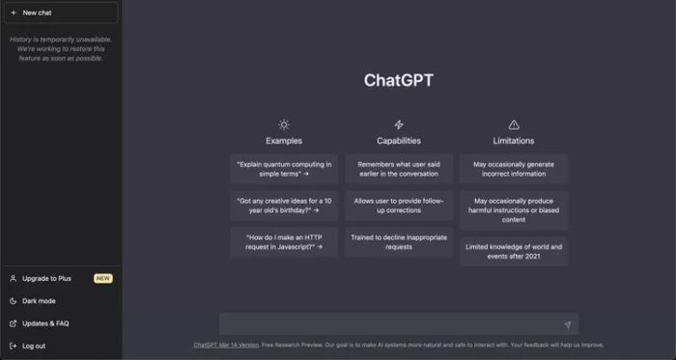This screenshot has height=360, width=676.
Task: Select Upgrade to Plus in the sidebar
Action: point(46,278)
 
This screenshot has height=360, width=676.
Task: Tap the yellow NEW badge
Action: point(103,278)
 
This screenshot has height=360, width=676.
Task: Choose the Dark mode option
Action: point(39,300)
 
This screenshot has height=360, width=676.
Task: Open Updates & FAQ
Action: point(45,323)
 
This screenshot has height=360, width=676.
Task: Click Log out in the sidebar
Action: point(34,346)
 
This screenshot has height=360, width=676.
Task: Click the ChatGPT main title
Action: point(398,80)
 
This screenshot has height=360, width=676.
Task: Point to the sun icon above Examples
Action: point(284,125)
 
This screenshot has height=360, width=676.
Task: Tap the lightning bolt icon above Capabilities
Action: point(399,125)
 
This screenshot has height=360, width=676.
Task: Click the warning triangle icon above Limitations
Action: point(514,125)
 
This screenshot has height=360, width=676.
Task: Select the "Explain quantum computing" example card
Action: point(284,169)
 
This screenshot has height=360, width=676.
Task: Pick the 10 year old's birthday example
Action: point(284,206)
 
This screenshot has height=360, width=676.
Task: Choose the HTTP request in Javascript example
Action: point(284,241)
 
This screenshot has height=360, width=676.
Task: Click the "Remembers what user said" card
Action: point(399,169)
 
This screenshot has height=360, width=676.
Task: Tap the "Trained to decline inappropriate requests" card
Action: point(399,241)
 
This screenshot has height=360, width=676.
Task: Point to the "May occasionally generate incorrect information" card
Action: point(514,169)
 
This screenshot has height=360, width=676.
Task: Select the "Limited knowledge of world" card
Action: point(514,251)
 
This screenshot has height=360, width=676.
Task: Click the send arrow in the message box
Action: point(567,324)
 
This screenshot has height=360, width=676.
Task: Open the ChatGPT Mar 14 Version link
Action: point(226,345)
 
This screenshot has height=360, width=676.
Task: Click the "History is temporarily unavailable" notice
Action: point(60,48)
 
